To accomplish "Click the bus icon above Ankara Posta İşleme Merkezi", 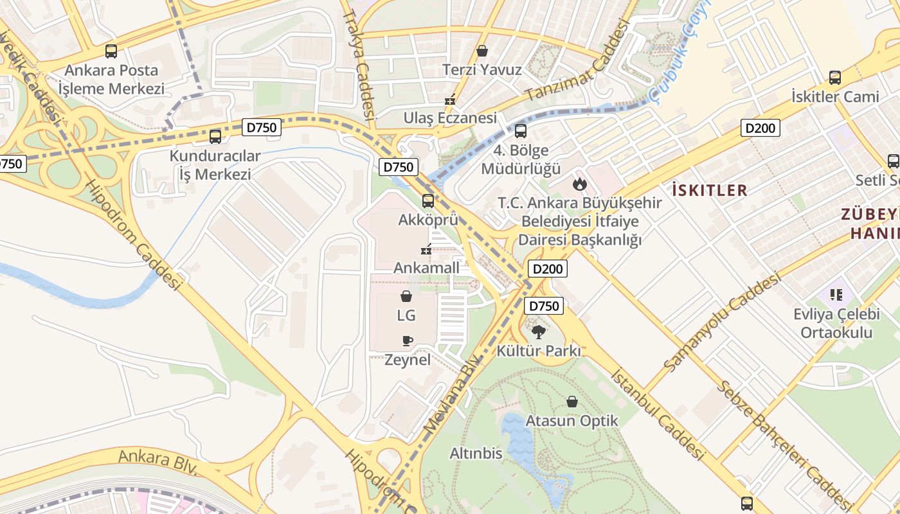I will [111, 51].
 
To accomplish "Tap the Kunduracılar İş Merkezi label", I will [215, 165].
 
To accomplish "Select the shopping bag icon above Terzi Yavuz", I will [482, 51].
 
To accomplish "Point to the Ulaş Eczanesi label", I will [450, 118].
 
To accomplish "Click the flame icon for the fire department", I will [580, 184].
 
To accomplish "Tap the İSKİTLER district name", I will [710, 190].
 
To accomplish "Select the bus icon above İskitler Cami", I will [835, 78].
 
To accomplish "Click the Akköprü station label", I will [428, 220].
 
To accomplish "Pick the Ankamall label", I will [426, 267].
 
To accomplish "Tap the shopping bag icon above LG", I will [406, 296].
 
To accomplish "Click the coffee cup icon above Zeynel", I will [407, 341].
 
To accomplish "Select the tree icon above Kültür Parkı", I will [539, 332].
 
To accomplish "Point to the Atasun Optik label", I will [571, 421].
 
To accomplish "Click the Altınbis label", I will [476, 454].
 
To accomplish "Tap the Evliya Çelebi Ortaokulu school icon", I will [836, 295].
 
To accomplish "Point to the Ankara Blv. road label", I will [157, 461].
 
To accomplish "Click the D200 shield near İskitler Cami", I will [760, 128].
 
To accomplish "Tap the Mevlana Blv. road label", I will [453, 393].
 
